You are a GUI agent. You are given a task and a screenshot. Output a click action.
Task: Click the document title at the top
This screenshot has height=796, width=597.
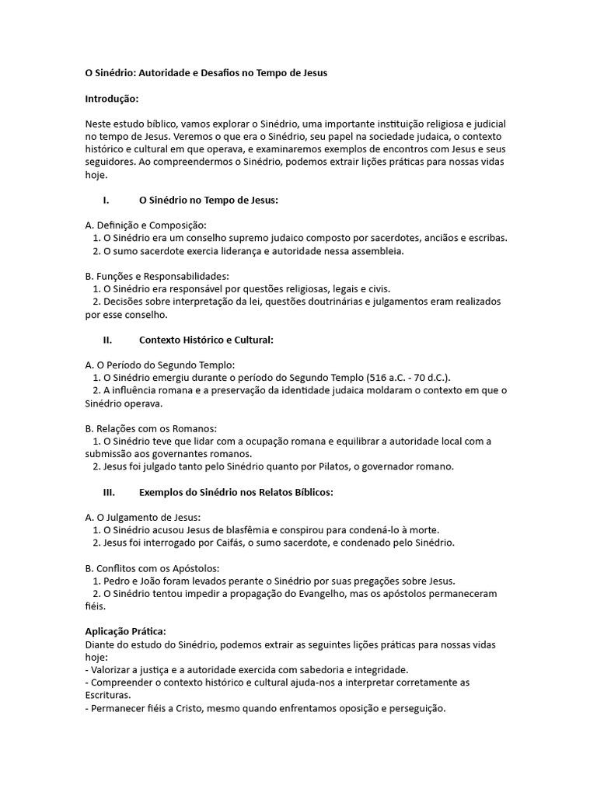point(206,73)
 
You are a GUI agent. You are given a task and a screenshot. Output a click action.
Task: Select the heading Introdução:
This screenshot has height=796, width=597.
point(112,99)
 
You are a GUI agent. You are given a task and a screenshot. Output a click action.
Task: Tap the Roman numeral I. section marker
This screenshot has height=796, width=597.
point(106,200)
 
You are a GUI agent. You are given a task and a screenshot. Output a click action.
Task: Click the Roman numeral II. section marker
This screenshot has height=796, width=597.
point(107,340)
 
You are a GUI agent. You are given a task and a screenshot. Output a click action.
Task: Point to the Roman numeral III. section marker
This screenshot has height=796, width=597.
point(109,492)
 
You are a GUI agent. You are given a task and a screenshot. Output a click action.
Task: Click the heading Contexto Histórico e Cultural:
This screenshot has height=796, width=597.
point(206,340)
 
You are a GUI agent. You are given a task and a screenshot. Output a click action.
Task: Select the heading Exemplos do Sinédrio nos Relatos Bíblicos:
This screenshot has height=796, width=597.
point(236,492)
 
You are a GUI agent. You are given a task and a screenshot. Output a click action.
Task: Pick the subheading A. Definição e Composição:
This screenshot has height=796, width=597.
point(146,225)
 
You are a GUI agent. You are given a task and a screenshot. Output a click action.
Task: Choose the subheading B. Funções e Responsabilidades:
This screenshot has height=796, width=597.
point(157,276)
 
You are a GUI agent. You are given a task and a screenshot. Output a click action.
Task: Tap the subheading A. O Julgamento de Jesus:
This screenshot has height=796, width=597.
point(143,517)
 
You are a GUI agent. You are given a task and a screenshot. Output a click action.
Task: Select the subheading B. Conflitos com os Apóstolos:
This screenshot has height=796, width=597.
point(152,568)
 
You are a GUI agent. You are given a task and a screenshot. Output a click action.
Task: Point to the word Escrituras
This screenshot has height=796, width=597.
point(107,695)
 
